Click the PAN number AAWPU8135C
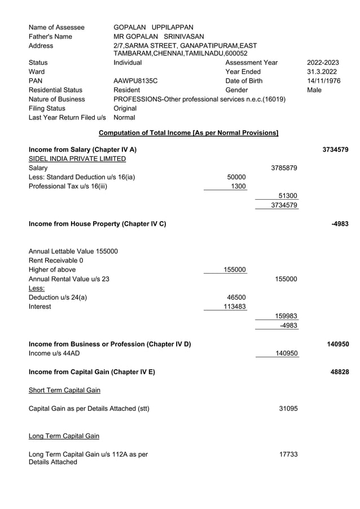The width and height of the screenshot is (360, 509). (x=135, y=81)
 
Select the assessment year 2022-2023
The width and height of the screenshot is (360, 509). (x=323, y=63)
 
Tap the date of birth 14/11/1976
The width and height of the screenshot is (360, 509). (x=323, y=81)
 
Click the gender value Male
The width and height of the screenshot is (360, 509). (x=315, y=90)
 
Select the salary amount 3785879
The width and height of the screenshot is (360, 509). (x=284, y=168)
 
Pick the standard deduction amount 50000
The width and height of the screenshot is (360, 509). (x=236, y=177)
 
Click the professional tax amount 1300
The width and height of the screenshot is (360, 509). (x=239, y=186)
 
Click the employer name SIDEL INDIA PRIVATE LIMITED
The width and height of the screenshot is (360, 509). (x=77, y=159)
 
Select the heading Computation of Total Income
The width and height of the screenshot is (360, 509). (x=188, y=133)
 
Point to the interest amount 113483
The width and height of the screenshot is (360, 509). (x=234, y=306)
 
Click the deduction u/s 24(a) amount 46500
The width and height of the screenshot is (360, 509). (x=236, y=297)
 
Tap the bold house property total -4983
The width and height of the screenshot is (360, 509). (x=340, y=224)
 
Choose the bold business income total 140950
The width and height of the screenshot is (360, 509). (x=337, y=344)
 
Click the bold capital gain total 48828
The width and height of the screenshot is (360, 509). (x=339, y=371)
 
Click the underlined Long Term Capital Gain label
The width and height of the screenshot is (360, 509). (x=64, y=436)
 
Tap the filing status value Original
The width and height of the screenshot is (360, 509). (x=125, y=108)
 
